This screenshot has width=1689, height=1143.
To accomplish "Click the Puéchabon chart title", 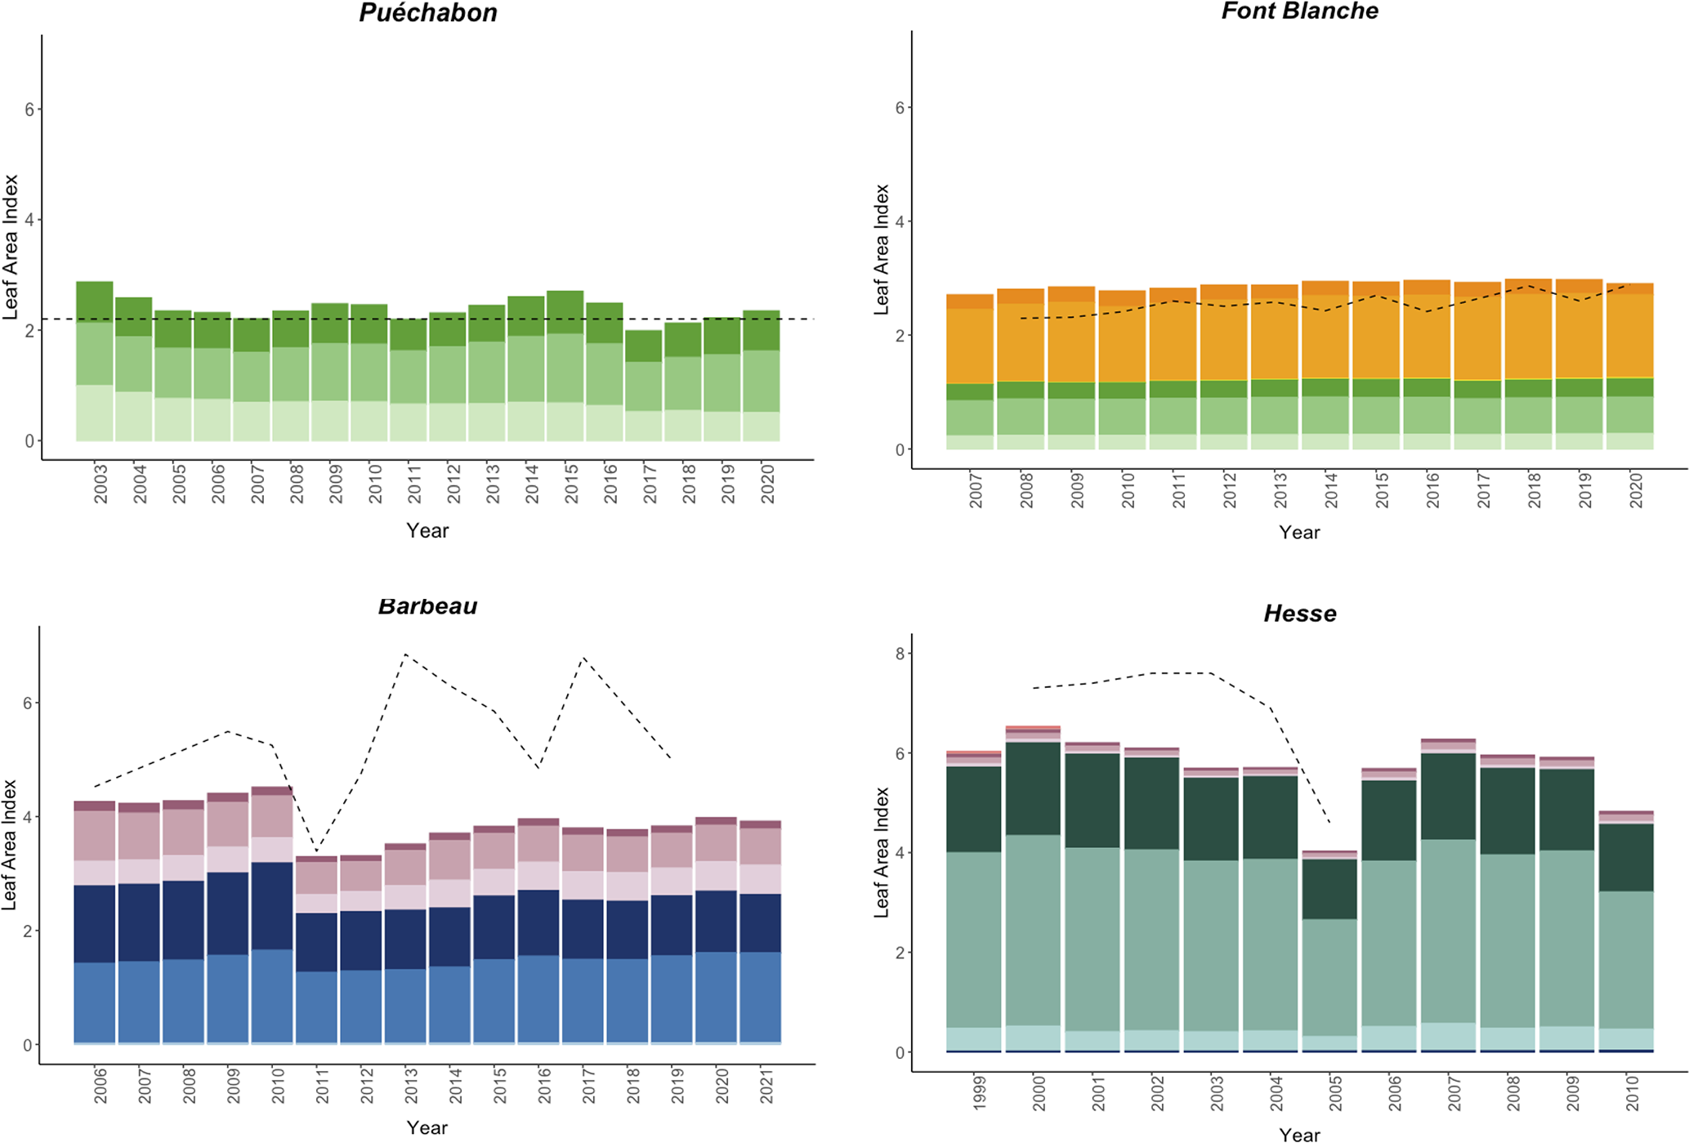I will tap(428, 13).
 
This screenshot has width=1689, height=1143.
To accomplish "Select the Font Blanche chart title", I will tap(1299, 11).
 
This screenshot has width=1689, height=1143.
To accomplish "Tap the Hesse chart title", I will tap(1299, 614).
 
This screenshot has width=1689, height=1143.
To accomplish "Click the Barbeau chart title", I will tap(427, 606).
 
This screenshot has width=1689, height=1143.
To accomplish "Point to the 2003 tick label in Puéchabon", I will tap(101, 483).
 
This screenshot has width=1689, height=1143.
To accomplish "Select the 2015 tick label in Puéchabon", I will tap(571, 483).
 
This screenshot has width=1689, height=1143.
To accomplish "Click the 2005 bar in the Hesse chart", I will tap(1329, 952).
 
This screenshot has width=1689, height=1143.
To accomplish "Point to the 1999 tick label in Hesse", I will tap(980, 1092).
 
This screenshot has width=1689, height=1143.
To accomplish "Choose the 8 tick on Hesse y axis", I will tap(900, 654).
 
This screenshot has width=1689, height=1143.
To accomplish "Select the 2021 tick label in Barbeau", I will tap(766, 1086).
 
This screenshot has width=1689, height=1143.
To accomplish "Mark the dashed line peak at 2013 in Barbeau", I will tap(405, 654).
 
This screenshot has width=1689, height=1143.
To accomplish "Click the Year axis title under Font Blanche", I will tap(1298, 533).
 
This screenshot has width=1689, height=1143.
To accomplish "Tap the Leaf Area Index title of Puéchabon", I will tap(11, 247).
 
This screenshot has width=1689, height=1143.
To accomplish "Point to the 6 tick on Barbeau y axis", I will tap(27, 703).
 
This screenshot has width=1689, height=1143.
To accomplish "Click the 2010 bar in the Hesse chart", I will tap(1626, 931).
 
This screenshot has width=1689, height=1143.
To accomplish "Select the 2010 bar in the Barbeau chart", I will tap(272, 915).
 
